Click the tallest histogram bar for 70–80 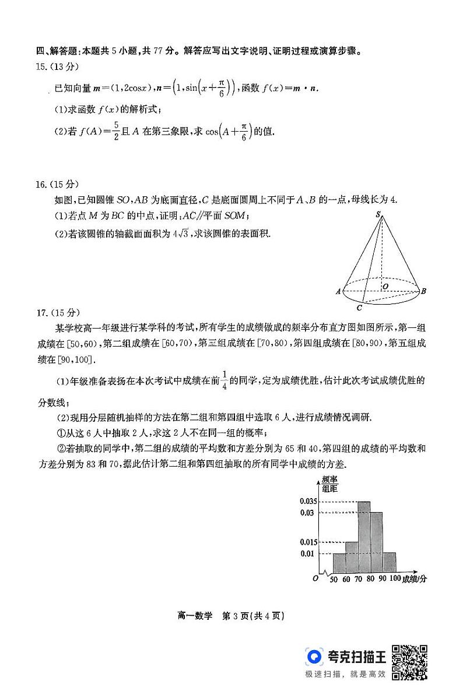(x=364, y=537)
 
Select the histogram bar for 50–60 (x=339, y=563)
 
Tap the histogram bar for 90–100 (x=390, y=563)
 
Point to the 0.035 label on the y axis (x=307, y=502)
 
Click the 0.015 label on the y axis (x=307, y=542)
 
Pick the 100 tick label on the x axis (x=395, y=579)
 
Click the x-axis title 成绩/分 (x=415, y=579)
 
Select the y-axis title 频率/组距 (x=330, y=485)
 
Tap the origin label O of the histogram (x=315, y=578)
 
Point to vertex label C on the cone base (x=359, y=308)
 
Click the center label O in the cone (x=385, y=287)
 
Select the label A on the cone (x=338, y=291)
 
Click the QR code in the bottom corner (x=409, y=662)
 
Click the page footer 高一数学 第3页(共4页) (x=231, y=616)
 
